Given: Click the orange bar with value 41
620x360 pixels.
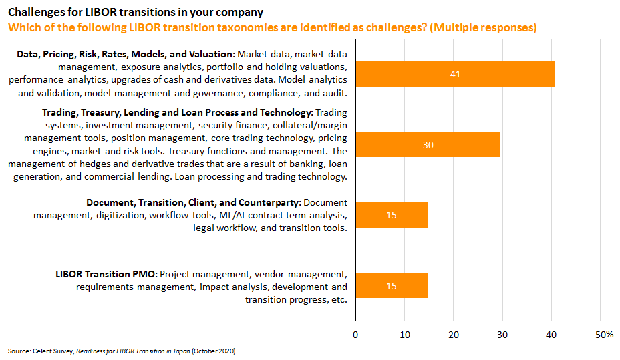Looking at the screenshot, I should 455,74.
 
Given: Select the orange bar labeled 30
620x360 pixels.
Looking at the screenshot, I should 428,144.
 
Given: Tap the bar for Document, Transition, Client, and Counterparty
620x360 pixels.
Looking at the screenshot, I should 392,215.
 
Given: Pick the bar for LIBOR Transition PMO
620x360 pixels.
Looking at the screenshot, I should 392,285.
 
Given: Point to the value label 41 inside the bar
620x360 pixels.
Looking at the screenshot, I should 456,74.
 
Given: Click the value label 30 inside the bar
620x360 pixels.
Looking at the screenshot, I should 428,144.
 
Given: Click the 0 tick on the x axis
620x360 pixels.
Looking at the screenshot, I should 355,334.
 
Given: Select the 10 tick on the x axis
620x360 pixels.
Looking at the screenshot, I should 404,334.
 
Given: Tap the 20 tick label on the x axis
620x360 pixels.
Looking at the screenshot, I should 454,334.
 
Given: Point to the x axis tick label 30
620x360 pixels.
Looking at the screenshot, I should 502,334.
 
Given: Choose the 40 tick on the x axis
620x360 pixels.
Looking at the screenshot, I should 551,334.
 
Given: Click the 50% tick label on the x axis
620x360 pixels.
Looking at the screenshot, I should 604,334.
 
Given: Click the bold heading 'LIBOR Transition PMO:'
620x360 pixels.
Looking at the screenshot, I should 106,274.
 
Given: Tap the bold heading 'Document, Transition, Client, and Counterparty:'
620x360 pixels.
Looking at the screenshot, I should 194,202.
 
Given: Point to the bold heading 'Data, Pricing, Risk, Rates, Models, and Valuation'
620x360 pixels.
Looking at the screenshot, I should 126,53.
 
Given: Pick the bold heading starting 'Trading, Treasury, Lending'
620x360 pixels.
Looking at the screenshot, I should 177,112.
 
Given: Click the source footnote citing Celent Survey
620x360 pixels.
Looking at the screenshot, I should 122,351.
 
